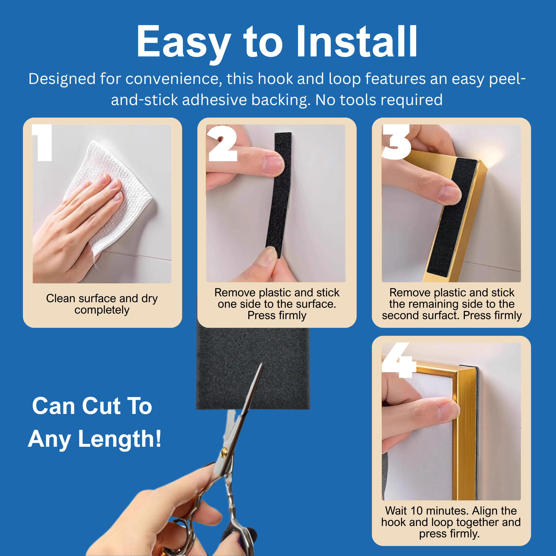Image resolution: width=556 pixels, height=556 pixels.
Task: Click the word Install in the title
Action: point(357,41)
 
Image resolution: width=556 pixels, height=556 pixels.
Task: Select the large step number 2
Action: point(222,143)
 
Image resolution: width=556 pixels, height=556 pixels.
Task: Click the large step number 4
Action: point(399,360)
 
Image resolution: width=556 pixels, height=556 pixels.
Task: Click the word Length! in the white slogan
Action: point(120,439)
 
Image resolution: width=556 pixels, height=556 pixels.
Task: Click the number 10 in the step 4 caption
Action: point(416,511)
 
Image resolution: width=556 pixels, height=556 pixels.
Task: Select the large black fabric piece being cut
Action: point(253,368)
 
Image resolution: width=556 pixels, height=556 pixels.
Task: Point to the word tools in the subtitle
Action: point(358,100)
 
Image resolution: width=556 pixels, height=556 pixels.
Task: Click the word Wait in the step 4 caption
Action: point(396,511)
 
